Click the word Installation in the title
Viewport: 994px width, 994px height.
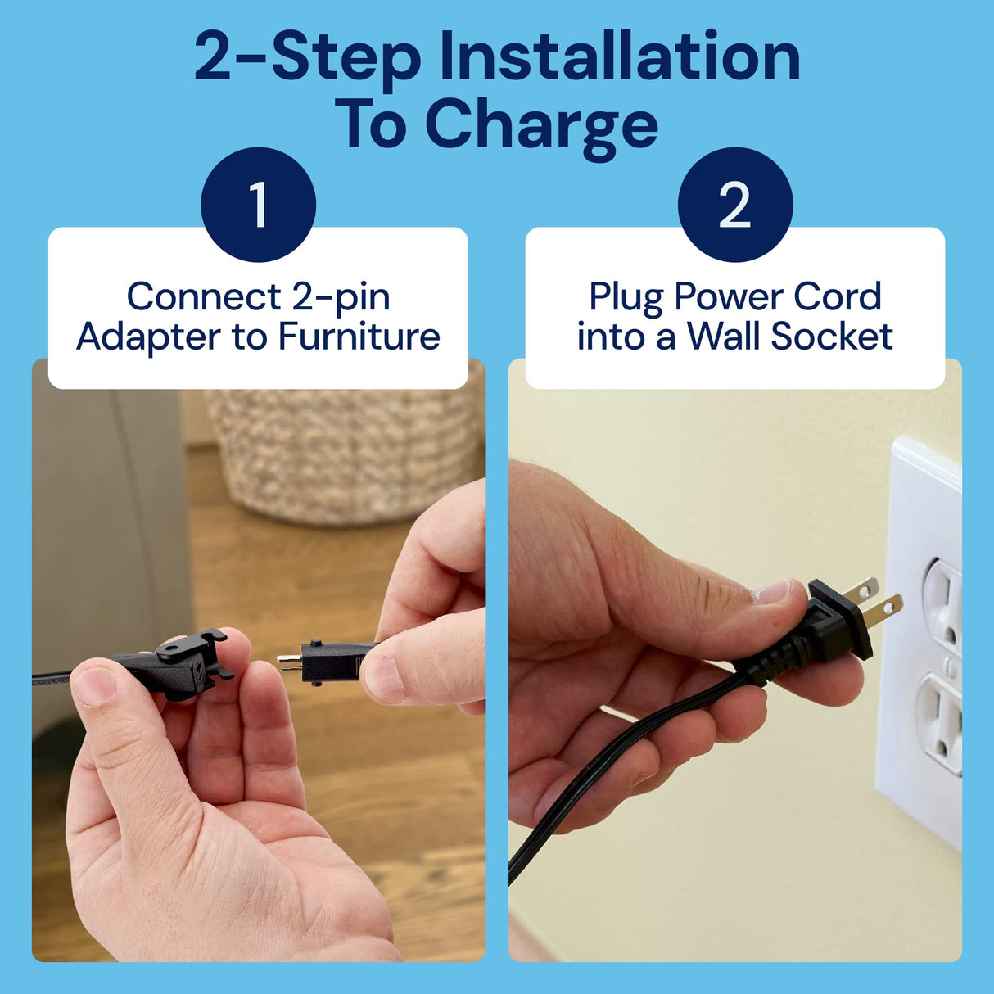tap(619, 57)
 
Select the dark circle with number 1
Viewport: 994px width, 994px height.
tap(258, 204)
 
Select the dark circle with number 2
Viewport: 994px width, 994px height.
tap(734, 204)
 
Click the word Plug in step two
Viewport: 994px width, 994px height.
tap(626, 297)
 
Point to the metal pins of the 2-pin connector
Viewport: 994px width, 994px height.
tap(288, 661)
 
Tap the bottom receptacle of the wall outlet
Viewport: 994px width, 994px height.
tap(942, 721)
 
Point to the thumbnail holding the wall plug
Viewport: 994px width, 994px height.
tap(773, 591)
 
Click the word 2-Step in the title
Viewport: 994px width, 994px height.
tap(307, 57)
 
